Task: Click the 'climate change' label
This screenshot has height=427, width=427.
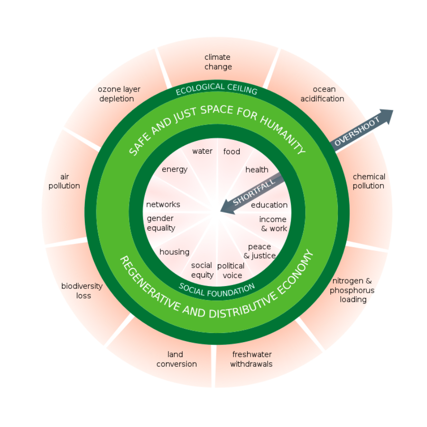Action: tap(218, 62)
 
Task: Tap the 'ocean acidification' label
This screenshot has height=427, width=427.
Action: tap(322, 94)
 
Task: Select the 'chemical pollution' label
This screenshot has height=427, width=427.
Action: tap(369, 181)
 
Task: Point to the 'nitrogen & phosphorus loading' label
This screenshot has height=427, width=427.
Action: tap(353, 290)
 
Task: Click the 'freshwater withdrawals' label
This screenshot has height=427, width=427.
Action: tap(251, 359)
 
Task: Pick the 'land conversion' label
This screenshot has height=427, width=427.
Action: tap(176, 359)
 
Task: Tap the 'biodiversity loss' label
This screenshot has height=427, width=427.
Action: tap(82, 291)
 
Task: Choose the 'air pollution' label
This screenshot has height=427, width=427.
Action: tap(64, 181)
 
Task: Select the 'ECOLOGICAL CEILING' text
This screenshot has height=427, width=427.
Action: tap(216, 89)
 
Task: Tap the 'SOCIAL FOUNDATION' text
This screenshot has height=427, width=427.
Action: tap(216, 288)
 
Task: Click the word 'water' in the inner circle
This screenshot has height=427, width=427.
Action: tap(202, 151)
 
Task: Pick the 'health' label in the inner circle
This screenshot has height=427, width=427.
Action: tap(257, 169)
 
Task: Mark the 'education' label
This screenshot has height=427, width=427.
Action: tap(269, 205)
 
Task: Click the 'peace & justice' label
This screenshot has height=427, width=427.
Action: tap(260, 251)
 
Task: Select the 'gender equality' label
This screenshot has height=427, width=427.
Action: tap(161, 223)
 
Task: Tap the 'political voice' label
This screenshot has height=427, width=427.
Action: tap(231, 270)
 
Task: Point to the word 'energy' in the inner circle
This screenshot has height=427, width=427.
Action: tap(175, 169)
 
